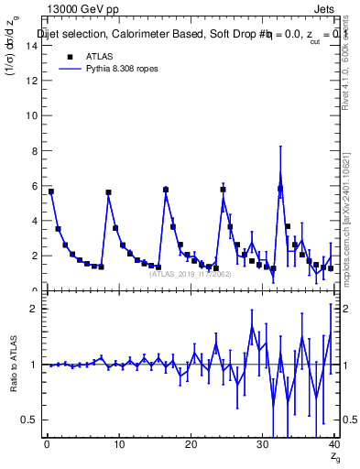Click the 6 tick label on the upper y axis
click(x=34, y=186)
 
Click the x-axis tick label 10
click(x=119, y=445)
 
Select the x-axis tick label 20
click(x=191, y=445)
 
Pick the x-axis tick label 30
click(x=263, y=445)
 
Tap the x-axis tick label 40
click(x=334, y=445)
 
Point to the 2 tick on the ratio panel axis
click(x=34, y=309)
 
